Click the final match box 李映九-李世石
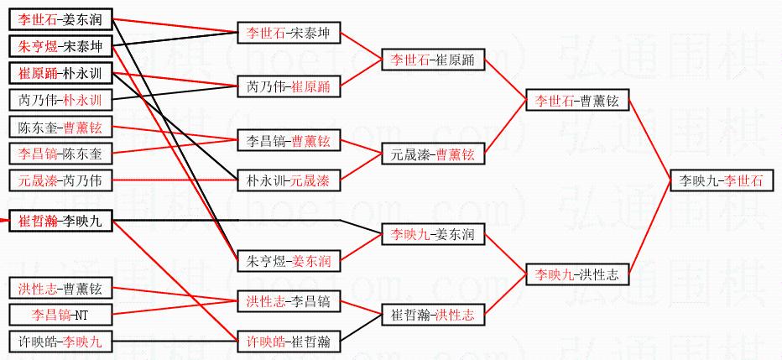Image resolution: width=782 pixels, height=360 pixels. tap(721, 180)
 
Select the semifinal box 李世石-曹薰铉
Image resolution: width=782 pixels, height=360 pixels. tap(576, 101)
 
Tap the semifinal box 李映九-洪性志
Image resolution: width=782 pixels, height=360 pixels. tap(576, 274)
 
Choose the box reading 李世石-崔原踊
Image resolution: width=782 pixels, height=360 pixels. tap(432, 60)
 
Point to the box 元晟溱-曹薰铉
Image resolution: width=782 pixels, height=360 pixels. tap(432, 154)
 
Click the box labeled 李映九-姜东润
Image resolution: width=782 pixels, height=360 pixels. tap(432, 235)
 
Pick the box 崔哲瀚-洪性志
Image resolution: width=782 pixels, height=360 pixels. tap(432, 315)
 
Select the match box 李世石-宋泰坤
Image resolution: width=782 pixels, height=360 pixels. tap(288, 34)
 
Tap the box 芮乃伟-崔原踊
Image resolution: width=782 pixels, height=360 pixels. tap(288, 86)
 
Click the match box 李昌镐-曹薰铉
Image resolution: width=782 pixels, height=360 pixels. tap(288, 140)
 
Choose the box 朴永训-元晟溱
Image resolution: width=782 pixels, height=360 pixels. tap(288, 180)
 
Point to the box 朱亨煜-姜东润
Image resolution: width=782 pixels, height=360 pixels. tap(288, 261)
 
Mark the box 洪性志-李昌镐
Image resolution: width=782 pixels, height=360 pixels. tap(288, 300)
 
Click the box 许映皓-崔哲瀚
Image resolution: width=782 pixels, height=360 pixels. tap(288, 341)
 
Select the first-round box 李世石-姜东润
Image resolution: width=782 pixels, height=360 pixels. tap(60, 20)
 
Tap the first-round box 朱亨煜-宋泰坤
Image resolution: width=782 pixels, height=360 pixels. tap(60, 47)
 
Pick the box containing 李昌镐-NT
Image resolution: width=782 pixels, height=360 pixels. tap(60, 315)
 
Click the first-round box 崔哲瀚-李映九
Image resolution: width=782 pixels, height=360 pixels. tap(60, 221)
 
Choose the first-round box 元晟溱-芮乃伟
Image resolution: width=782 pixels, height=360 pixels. tap(60, 180)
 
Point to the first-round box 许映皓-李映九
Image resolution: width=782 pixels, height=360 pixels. tap(60, 341)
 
